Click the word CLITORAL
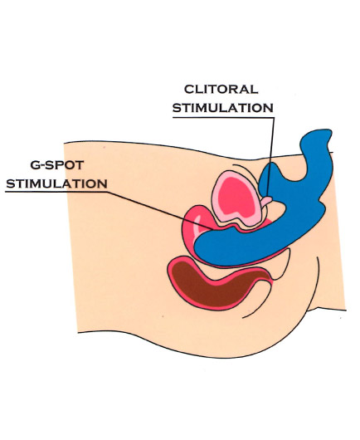(x=221, y=89)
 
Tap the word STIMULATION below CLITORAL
(x=223, y=108)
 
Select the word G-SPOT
(x=57, y=165)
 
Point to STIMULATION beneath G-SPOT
(x=56, y=183)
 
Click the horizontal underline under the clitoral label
(x=223, y=118)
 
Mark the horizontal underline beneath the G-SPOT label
(x=56, y=192)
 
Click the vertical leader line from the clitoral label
(x=270, y=157)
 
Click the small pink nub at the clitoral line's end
(x=266, y=201)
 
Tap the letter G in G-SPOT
(x=35, y=165)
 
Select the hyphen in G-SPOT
(x=43, y=165)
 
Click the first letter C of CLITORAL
(x=189, y=89)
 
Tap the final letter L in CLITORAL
(x=255, y=89)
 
